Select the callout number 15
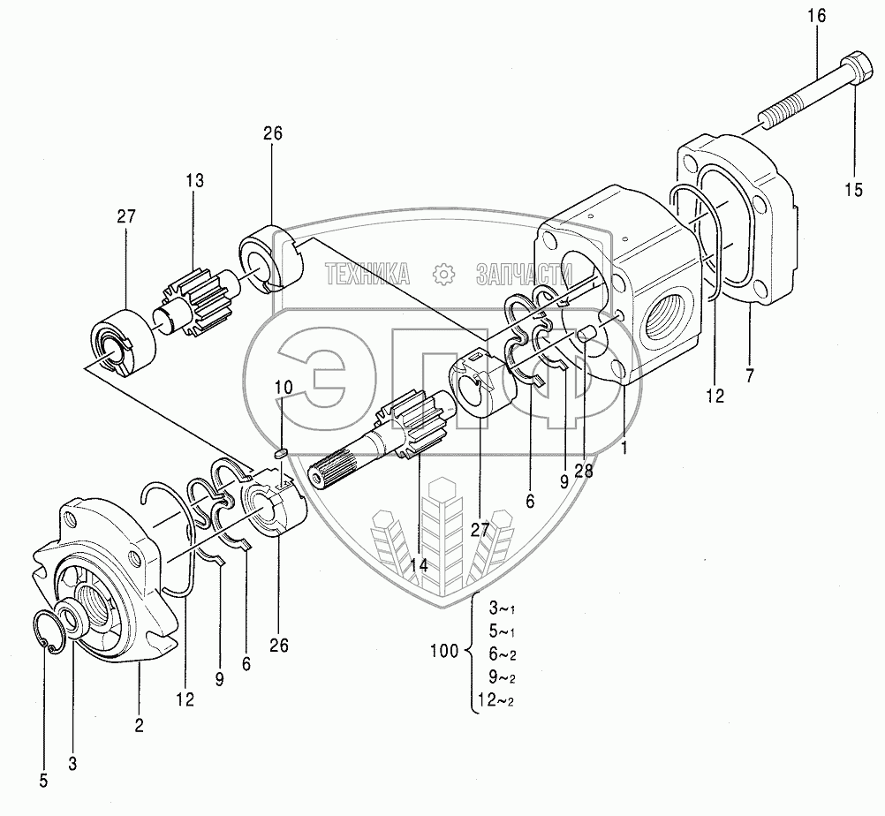point(852,189)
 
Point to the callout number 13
point(194,181)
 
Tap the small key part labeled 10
point(282,453)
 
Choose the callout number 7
point(749,377)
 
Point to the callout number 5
point(43,780)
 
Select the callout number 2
point(139,725)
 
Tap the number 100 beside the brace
point(443,652)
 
